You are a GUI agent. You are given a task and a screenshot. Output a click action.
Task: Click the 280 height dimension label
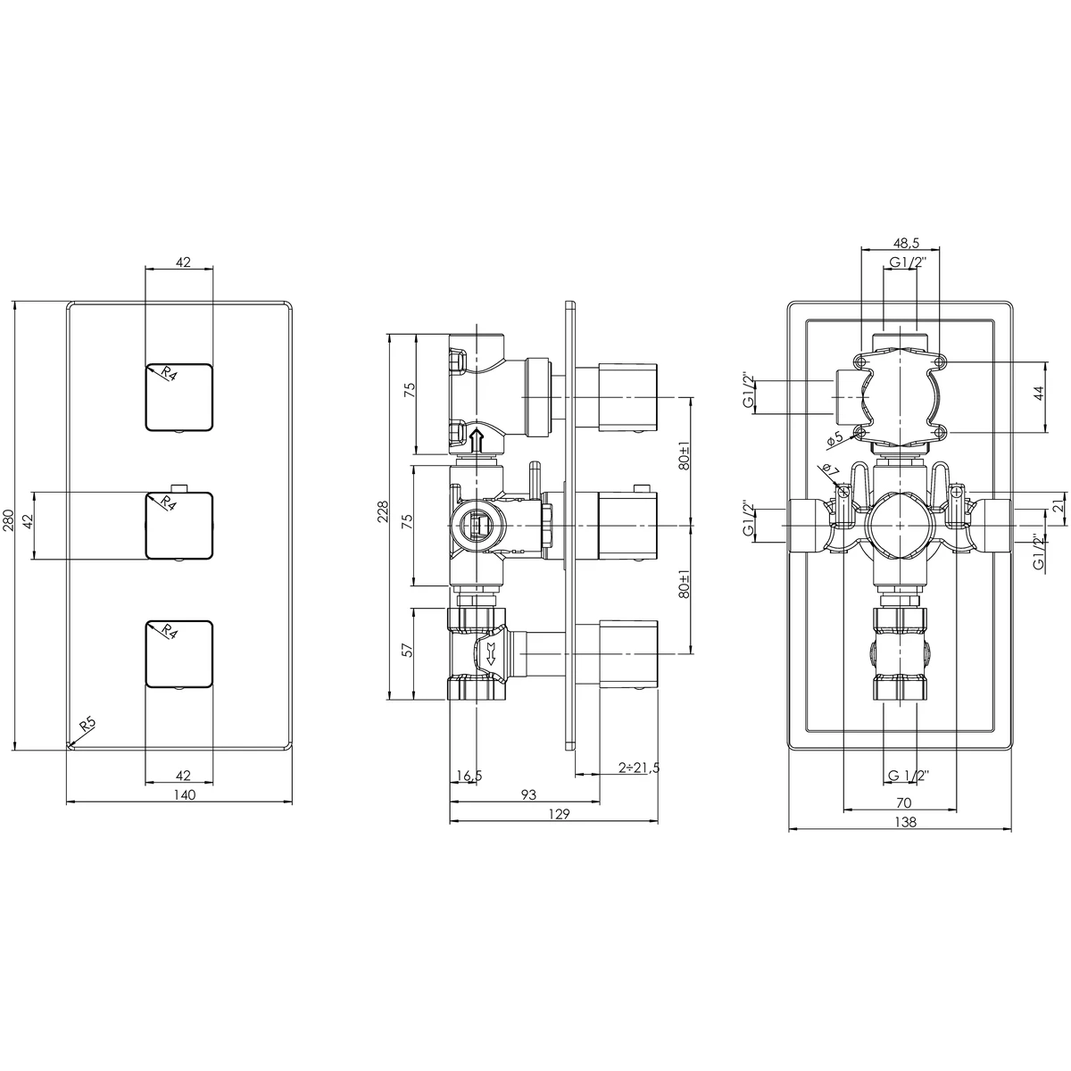7,521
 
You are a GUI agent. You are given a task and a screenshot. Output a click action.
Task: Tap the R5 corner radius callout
87,724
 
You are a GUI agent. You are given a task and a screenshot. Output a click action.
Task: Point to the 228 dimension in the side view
382,511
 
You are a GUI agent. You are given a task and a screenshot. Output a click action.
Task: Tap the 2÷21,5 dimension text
639,768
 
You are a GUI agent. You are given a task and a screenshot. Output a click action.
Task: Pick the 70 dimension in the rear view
903,803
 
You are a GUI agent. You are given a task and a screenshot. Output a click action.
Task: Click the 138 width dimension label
903,823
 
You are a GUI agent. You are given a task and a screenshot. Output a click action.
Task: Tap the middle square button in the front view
178,525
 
